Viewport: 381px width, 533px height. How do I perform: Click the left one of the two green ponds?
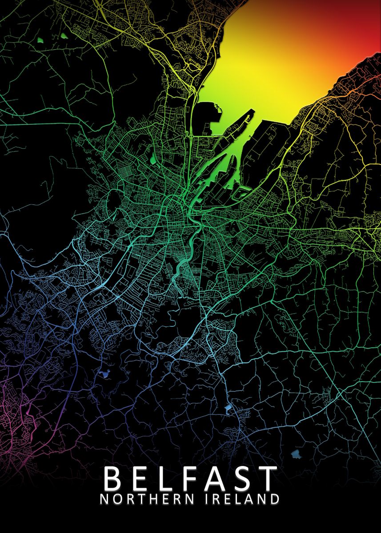(40, 40)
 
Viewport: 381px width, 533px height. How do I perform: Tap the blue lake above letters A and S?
(228, 407)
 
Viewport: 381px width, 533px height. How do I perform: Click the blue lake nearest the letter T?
(295, 454)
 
